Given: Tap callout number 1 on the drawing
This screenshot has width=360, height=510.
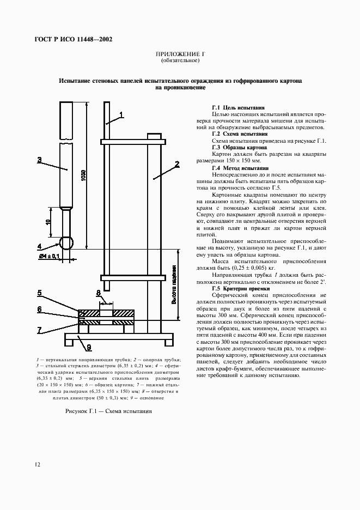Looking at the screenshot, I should tap(121, 115).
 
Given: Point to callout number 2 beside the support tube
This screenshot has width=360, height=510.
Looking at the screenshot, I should tap(177, 163).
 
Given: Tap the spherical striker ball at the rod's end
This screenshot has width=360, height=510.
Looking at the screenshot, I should tap(66, 242).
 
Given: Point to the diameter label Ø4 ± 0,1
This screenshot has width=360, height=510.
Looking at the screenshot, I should tap(49, 256).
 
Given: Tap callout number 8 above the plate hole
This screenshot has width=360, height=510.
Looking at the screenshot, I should tap(99, 293).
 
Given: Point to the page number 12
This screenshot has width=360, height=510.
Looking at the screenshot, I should tap(36, 464).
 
